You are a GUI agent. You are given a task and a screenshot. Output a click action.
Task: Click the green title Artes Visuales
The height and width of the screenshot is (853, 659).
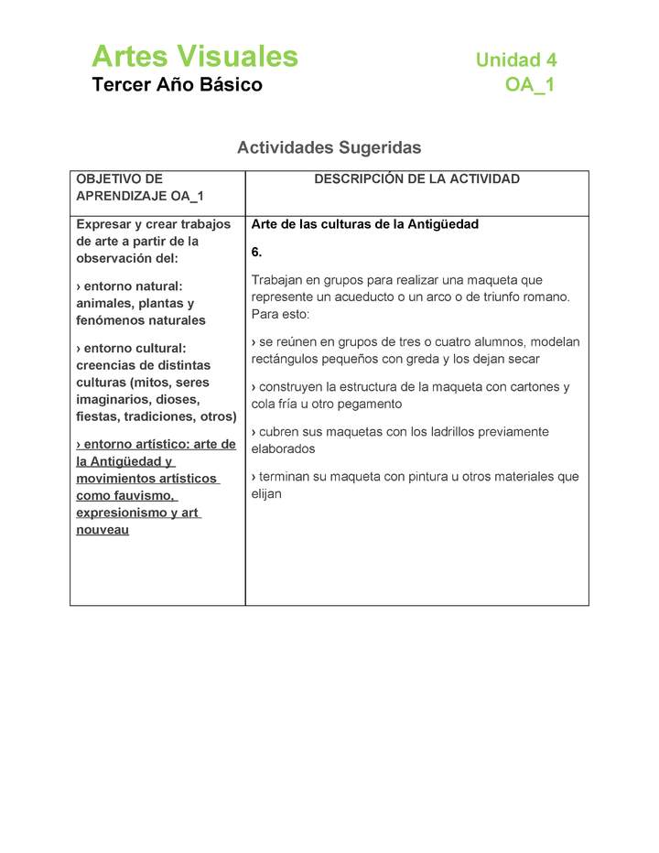pyautogui.click(x=194, y=57)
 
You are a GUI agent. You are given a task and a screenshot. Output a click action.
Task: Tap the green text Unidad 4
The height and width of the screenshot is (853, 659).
pyautogui.click(x=515, y=60)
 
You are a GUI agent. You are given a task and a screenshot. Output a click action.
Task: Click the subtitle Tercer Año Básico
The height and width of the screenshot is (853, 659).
pyautogui.click(x=177, y=85)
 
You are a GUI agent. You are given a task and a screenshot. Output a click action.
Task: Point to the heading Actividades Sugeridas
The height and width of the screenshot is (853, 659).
pyautogui.click(x=329, y=147)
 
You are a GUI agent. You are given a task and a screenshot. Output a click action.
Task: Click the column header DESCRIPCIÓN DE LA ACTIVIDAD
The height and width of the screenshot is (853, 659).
pyautogui.click(x=416, y=179)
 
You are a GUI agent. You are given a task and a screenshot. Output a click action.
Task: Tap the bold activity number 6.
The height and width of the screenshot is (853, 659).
pyautogui.click(x=256, y=252)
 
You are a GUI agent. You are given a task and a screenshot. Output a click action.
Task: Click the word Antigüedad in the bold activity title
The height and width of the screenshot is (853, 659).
pyautogui.click(x=446, y=224)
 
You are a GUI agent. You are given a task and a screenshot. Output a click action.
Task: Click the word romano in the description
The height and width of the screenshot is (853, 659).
pyautogui.click(x=546, y=297)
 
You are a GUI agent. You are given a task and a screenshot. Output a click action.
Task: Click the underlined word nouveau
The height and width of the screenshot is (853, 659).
pyautogui.click(x=103, y=530)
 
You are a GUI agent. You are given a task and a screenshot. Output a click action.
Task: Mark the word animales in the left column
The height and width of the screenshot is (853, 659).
pyautogui.click(x=104, y=303)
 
